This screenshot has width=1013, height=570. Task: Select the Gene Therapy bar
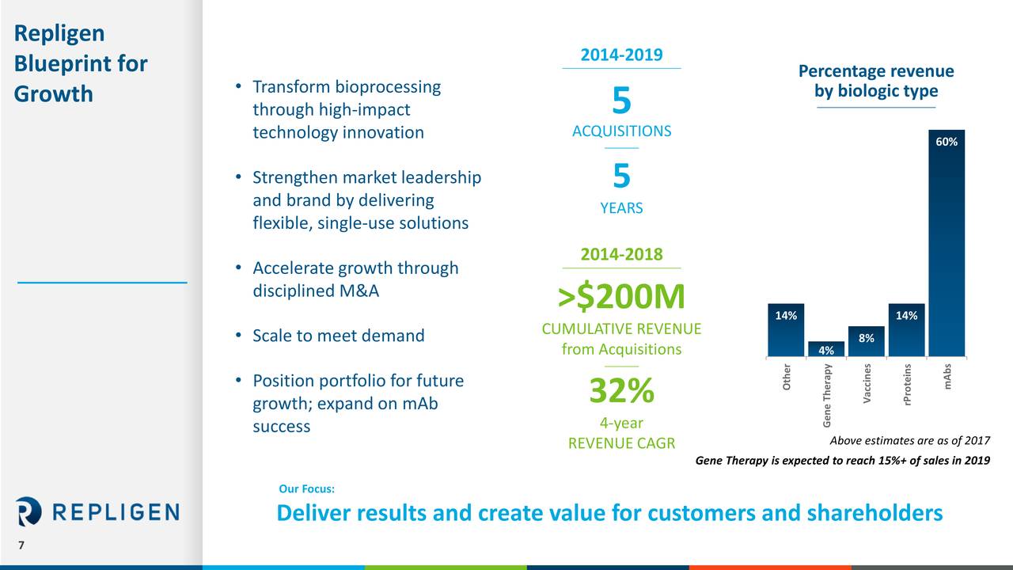(x=825, y=349)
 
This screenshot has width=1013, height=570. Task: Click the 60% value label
(x=947, y=142)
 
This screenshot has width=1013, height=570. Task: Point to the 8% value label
(x=866, y=338)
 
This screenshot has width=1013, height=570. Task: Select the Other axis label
(x=786, y=377)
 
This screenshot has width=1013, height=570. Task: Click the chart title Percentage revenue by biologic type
(x=876, y=82)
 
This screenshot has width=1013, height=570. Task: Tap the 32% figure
(x=621, y=390)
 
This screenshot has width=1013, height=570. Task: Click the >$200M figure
(x=621, y=297)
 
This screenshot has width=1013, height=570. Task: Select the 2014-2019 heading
(x=621, y=55)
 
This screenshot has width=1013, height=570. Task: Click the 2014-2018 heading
(x=621, y=254)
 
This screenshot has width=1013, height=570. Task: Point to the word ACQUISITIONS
(x=621, y=131)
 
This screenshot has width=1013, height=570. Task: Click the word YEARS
(x=621, y=208)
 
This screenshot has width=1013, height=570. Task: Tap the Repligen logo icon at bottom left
(x=28, y=511)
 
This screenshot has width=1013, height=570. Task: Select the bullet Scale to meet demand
(x=338, y=336)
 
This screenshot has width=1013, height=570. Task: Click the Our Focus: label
(x=307, y=489)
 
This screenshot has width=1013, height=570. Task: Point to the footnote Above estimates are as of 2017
(x=909, y=442)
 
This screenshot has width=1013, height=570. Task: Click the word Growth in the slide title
(x=54, y=94)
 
